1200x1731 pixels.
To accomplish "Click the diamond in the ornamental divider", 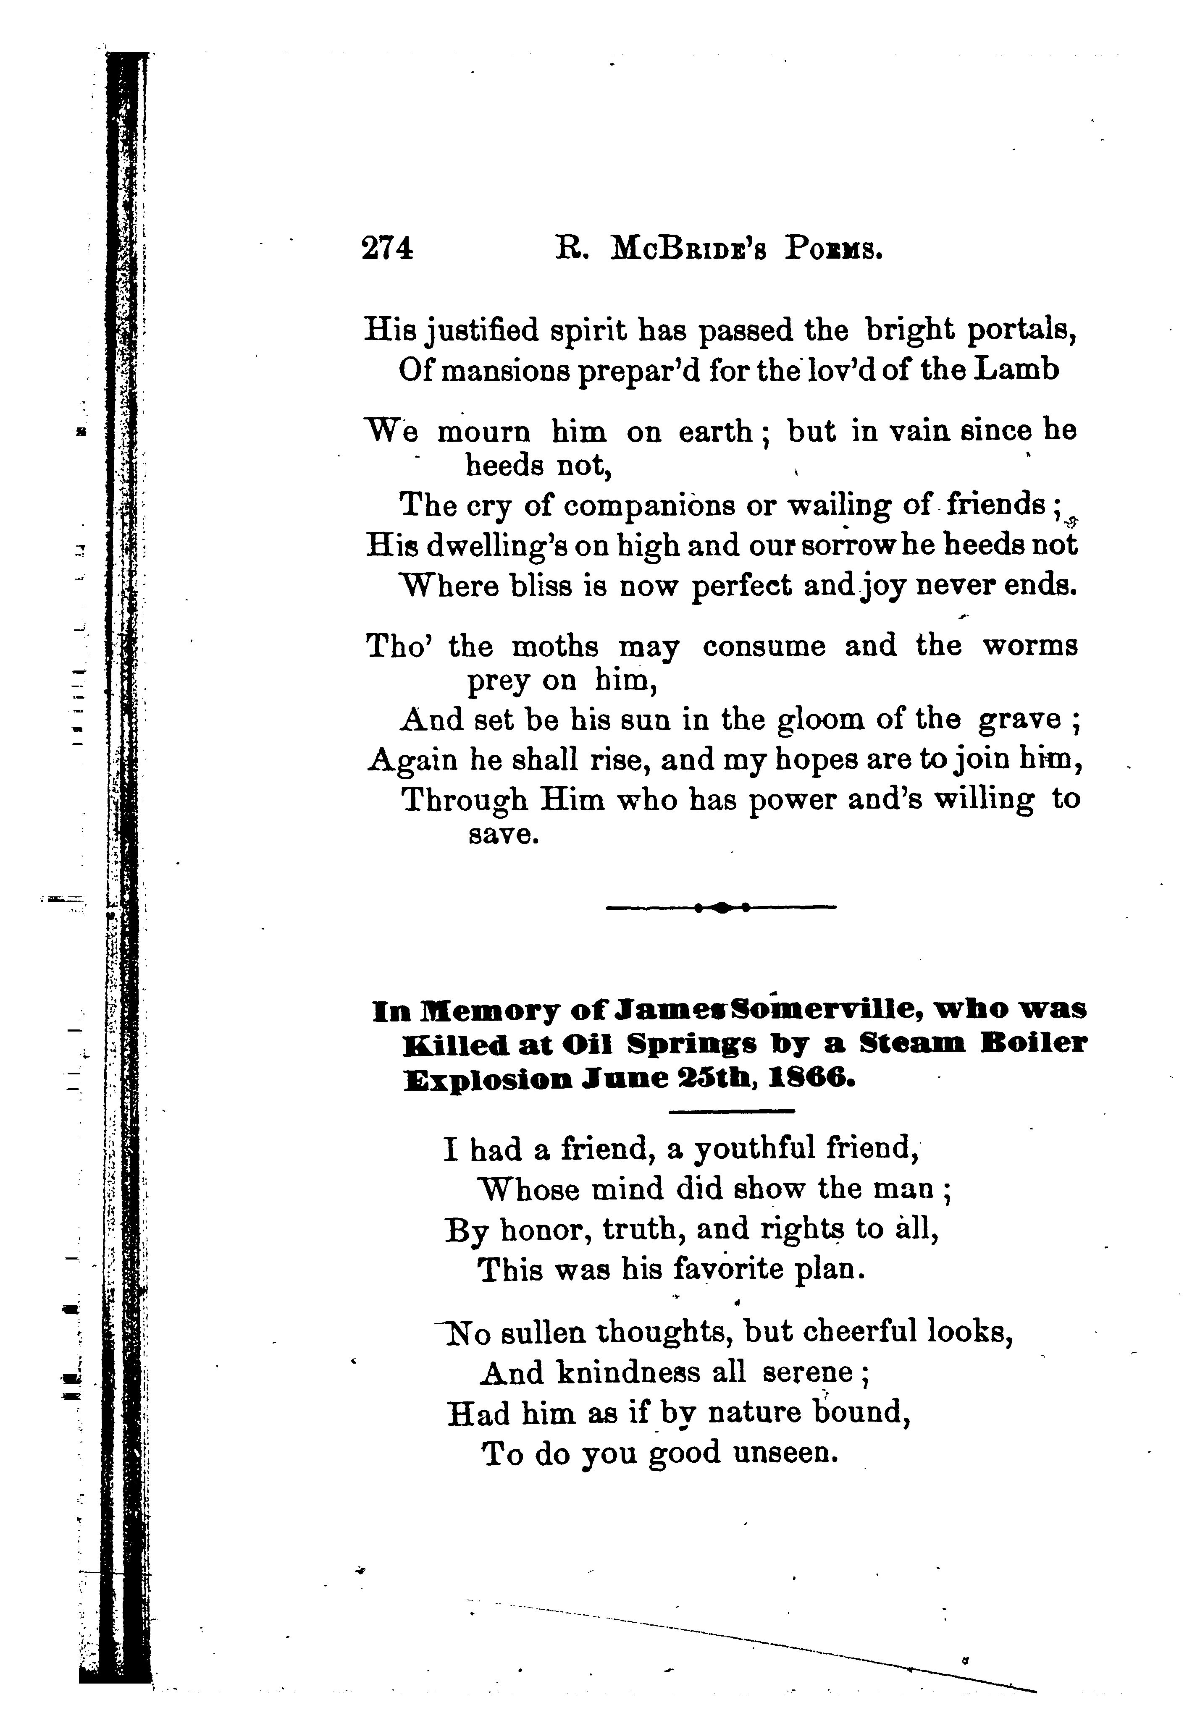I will pos(721,908).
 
